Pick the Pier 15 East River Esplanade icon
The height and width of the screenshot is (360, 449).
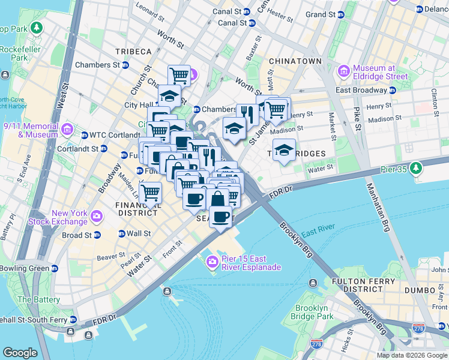[212, 261]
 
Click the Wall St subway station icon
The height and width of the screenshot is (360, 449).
[122, 233]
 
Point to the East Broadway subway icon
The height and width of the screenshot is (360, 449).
[393, 90]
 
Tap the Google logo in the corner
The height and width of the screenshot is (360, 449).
[20, 353]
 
